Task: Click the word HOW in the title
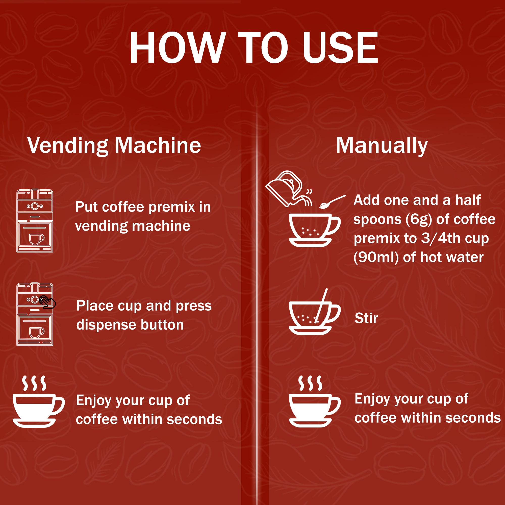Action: point(178,47)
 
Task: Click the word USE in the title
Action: point(340,47)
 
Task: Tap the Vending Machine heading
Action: point(114,145)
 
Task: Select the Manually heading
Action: point(382,145)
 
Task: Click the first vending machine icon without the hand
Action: point(35,221)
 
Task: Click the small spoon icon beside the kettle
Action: point(332,202)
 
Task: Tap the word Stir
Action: point(366,318)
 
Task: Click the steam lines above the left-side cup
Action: point(34,383)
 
